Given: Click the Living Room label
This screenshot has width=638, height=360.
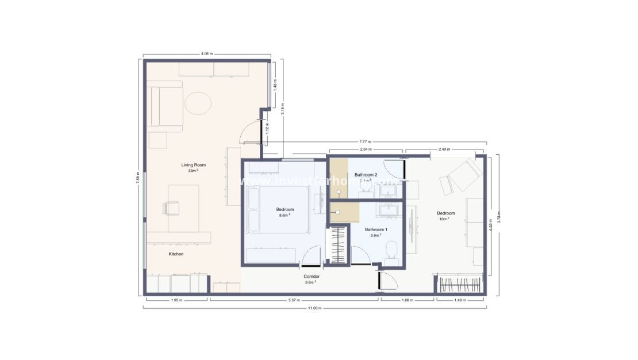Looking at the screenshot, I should (193, 165).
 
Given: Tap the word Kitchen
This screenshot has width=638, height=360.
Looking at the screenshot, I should (176, 254).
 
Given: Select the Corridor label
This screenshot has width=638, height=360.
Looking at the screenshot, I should (312, 277).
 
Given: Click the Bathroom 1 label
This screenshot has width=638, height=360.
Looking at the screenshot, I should (376, 230).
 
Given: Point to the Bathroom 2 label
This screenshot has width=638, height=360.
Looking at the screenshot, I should (366, 175).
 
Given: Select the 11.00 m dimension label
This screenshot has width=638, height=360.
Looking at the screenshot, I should (314, 309).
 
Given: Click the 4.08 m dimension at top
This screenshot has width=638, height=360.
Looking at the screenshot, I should (207, 54).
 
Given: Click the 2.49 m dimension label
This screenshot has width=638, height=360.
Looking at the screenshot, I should (444, 150).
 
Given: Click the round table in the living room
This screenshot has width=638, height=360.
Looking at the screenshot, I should (198, 104).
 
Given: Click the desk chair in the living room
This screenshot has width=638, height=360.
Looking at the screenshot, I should (171, 207).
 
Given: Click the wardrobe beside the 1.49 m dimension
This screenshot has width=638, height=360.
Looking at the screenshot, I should (460, 284).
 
